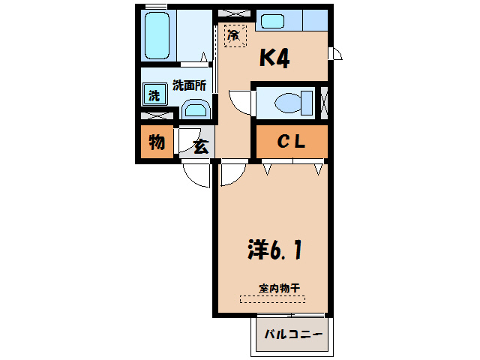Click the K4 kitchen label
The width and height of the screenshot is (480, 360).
(274, 58)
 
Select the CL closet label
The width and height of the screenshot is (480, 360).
(291, 142)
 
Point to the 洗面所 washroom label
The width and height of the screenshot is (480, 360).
(189, 85)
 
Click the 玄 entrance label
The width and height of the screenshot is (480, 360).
(201, 146)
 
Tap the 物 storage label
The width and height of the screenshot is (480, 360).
(156, 142)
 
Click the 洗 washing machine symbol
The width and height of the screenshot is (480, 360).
(154, 95)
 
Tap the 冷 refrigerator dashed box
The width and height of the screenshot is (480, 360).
(234, 35)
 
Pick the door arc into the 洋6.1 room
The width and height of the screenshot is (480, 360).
(232, 175)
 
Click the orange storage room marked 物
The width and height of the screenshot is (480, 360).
(156, 142)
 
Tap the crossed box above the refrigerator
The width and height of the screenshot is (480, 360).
(235, 13)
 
